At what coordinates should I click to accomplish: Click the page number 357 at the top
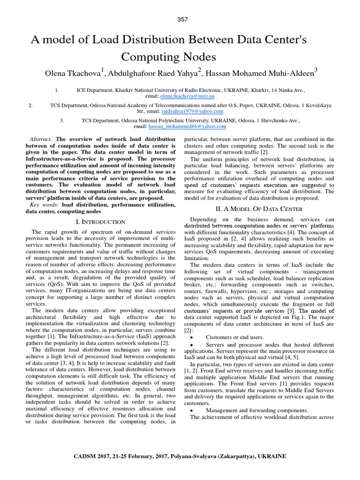click(182, 19)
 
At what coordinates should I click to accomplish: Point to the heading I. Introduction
click(100, 222)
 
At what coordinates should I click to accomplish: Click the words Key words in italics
click(44, 205)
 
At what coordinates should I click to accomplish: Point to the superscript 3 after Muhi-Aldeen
click(315, 69)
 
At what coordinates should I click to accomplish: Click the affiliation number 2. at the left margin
click(30, 105)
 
